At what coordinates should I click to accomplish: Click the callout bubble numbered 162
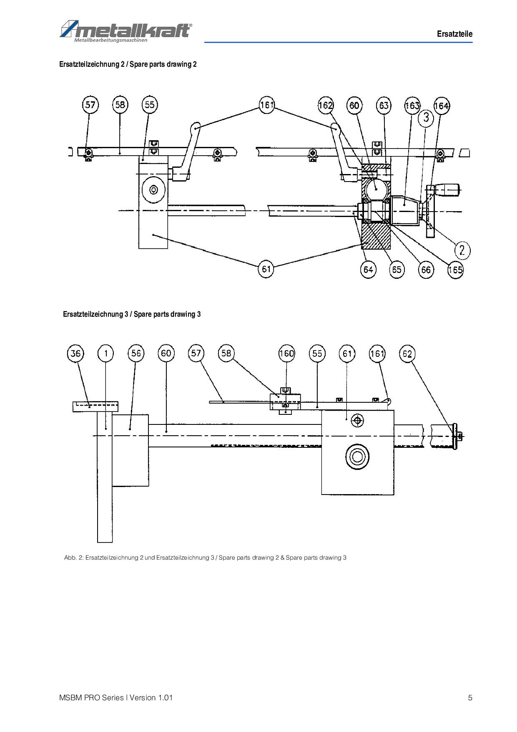(326, 105)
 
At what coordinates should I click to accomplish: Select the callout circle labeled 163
(412, 105)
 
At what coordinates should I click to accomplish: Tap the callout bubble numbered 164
(442, 106)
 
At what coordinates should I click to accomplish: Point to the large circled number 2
(462, 250)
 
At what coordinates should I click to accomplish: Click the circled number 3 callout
(426, 117)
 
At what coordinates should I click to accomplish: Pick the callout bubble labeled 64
(368, 270)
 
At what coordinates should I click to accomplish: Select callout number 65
(397, 270)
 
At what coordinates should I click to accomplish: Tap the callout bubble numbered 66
(426, 270)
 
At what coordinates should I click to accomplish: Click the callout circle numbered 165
(455, 270)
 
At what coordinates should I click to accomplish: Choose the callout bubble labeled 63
(384, 105)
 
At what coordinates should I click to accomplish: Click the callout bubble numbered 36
(75, 354)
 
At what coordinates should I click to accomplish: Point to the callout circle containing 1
(105, 354)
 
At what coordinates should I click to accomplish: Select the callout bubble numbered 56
(136, 353)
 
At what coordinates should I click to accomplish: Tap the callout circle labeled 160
(286, 353)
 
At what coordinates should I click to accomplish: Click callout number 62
(407, 354)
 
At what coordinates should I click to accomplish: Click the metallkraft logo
(126, 31)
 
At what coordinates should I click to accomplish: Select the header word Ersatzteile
(455, 34)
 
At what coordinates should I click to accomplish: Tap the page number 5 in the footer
(470, 698)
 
